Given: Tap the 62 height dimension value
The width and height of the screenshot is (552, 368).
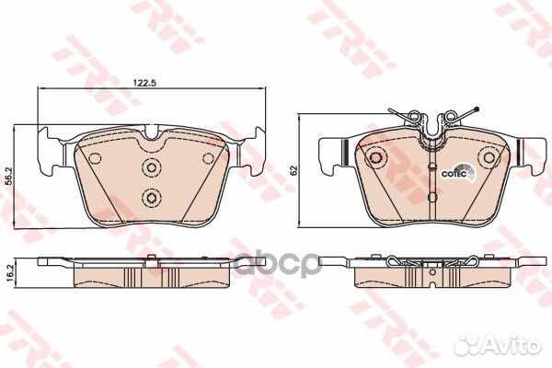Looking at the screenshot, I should click(293, 170).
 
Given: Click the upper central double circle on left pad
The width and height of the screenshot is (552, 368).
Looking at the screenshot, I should click(151, 167).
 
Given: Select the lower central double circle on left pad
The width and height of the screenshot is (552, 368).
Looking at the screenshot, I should click(151, 197).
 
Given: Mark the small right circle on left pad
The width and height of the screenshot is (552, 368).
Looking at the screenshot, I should click(207, 159).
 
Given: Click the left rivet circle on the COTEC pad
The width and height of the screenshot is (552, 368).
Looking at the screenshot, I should click(374, 159).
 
